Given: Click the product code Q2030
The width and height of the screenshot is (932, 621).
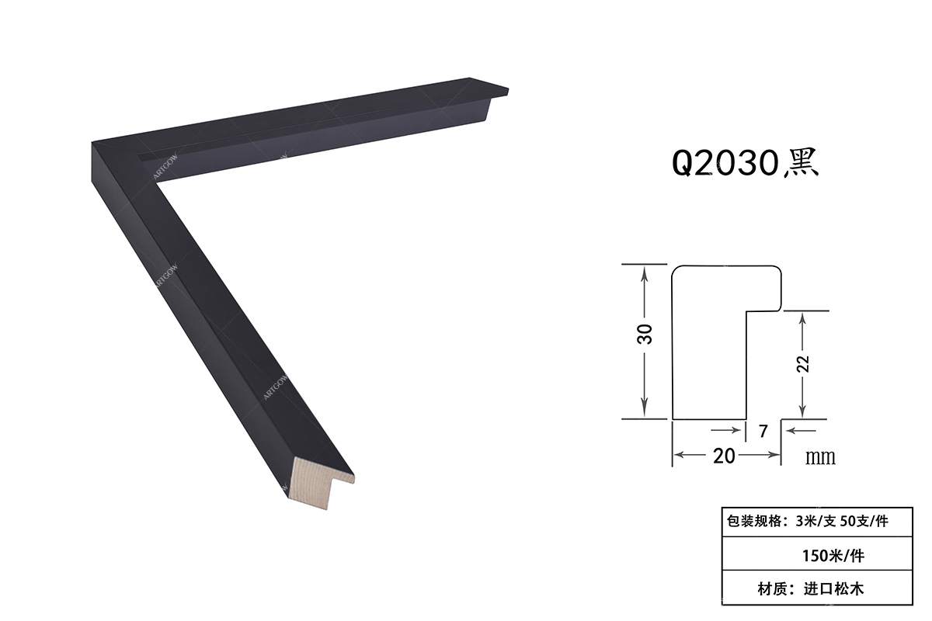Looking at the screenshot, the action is [x=725, y=164].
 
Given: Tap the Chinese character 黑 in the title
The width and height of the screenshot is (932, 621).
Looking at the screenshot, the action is [x=802, y=164].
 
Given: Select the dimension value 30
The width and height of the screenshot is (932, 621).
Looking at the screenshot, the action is [x=645, y=334].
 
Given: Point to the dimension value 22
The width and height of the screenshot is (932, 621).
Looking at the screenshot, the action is [x=804, y=364].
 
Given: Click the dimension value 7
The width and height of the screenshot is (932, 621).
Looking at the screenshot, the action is [x=763, y=432].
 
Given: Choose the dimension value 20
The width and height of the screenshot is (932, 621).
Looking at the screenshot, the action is [x=724, y=456].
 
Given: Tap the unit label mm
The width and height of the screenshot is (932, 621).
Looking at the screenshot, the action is [x=820, y=457].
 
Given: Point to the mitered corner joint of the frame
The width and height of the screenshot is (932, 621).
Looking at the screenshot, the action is [x=124, y=163].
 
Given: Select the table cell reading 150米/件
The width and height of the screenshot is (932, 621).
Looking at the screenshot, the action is [x=817, y=554].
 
